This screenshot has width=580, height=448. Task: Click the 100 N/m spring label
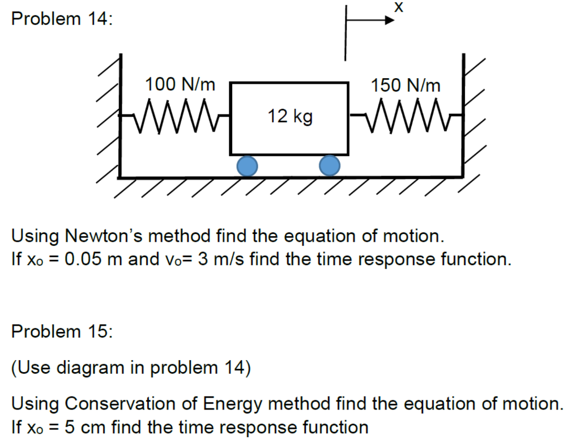pyautogui.click(x=180, y=85)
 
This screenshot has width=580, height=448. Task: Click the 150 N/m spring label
pyautogui.click(x=405, y=85)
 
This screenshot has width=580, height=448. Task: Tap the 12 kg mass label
pyautogui.click(x=289, y=117)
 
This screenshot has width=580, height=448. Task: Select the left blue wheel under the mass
pyautogui.click(x=247, y=165)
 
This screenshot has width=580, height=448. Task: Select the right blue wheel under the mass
pyautogui.click(x=330, y=165)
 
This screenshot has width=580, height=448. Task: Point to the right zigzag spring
pyautogui.click(x=406, y=116)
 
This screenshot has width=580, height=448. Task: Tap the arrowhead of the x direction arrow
pyautogui.click(x=390, y=22)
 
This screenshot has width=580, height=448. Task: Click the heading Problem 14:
pyautogui.click(x=62, y=19)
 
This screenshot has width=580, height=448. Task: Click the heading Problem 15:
pyautogui.click(x=62, y=331)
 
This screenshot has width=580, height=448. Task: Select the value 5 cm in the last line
pyautogui.click(x=85, y=426)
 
